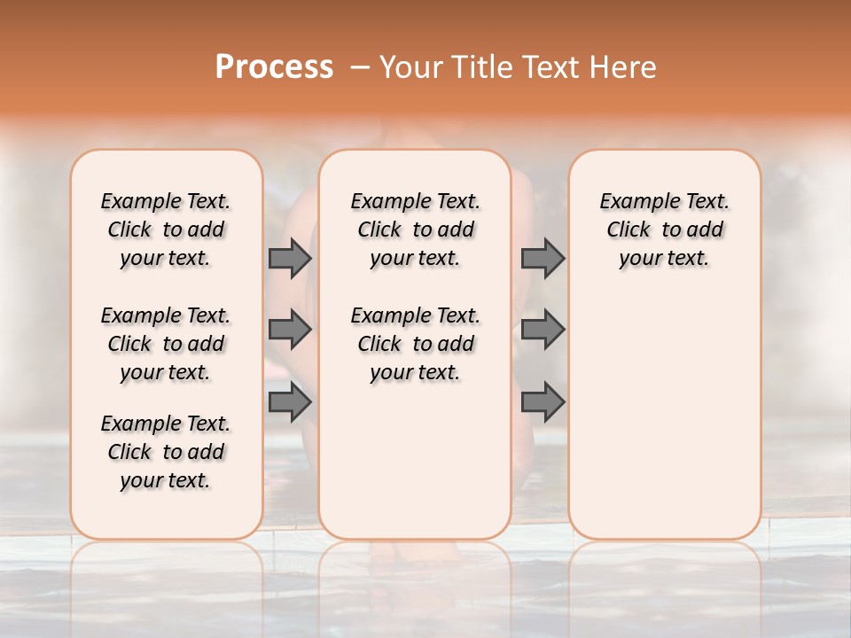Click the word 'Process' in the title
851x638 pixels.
pyautogui.click(x=274, y=67)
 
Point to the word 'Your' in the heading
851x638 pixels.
pyautogui.click(x=410, y=67)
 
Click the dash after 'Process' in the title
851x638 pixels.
pyautogui.click(x=360, y=68)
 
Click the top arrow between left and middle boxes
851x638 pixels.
pyautogui.click(x=290, y=258)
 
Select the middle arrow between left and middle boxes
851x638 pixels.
pyautogui.click(x=290, y=330)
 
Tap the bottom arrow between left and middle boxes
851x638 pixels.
pyautogui.click(x=290, y=402)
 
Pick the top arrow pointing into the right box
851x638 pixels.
pyautogui.click(x=543, y=258)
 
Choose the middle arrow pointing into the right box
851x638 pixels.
pyautogui.click(x=543, y=330)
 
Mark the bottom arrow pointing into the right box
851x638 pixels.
pyautogui.click(x=543, y=402)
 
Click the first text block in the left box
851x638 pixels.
pyautogui.click(x=166, y=230)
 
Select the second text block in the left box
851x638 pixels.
pyautogui.click(x=166, y=344)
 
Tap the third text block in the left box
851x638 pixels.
pyautogui.click(x=166, y=452)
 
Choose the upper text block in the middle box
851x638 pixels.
pyautogui.click(x=415, y=230)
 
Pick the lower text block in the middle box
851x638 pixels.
pyautogui.click(x=415, y=344)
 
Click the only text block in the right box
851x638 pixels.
pyautogui.click(x=665, y=230)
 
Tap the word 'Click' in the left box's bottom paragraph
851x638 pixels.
pyautogui.click(x=129, y=452)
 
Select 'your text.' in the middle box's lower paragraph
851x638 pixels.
pyautogui.click(x=415, y=372)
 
